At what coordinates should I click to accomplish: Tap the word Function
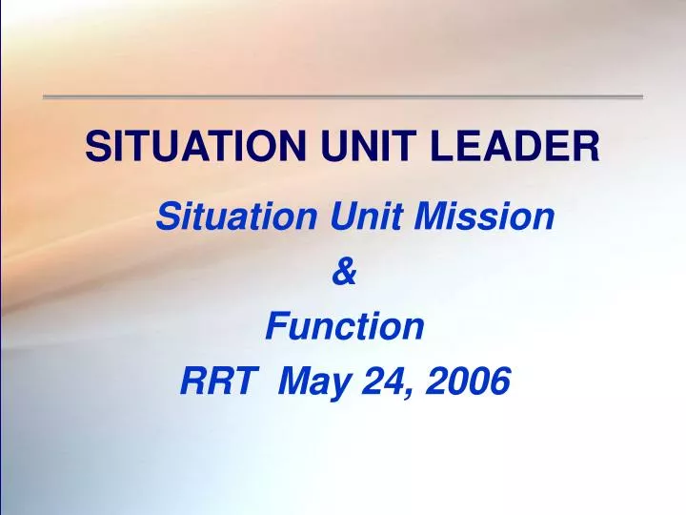(x=344, y=327)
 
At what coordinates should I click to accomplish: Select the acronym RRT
(x=214, y=381)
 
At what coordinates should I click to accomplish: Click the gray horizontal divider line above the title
(x=343, y=96)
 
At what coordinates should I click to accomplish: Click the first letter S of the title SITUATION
(x=95, y=147)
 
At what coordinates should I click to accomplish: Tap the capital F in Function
(x=274, y=327)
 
